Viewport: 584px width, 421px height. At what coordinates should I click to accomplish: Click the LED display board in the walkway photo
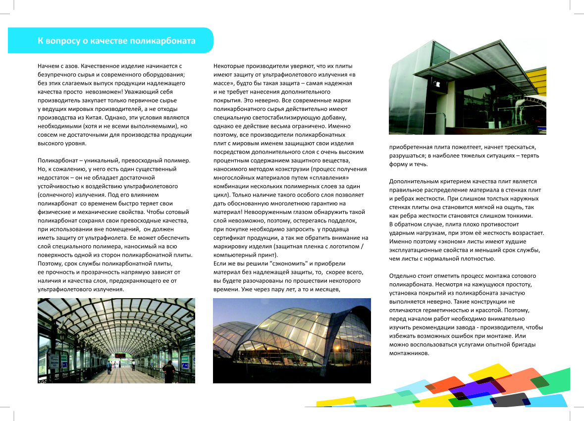point(120,355)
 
